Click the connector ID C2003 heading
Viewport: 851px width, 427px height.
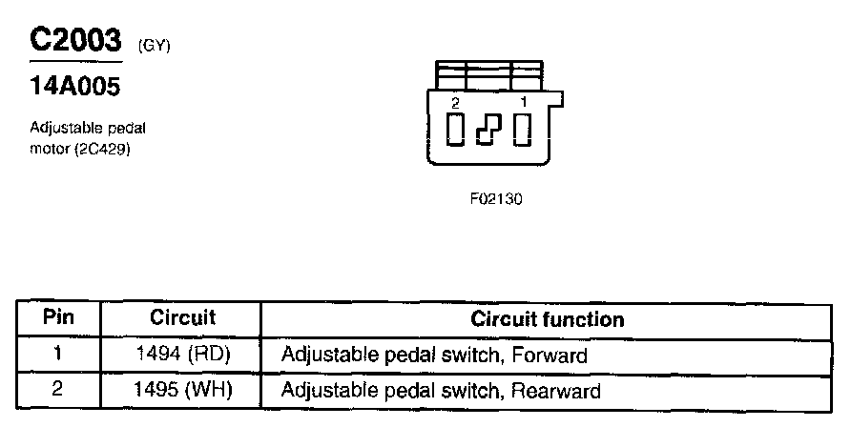[75, 40]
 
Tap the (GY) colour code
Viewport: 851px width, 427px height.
[155, 45]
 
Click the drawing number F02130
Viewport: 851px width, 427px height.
[496, 200]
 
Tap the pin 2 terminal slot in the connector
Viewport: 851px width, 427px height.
[456, 129]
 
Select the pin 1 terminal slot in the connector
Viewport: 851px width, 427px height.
[522, 129]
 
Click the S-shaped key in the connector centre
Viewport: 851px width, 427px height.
[488, 130]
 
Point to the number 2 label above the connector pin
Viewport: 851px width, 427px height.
[456, 102]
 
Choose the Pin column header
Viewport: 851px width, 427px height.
[59, 318]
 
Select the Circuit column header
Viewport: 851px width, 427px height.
[183, 318]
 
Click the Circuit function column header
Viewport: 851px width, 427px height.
[547, 319]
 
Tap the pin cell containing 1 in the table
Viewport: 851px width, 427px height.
[58, 355]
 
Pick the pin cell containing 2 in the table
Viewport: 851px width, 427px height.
[58, 390]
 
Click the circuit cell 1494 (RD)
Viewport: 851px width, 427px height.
[183, 355]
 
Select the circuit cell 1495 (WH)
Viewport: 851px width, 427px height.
[183, 390]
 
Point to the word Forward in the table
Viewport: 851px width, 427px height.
[549, 355]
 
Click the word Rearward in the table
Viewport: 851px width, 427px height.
[555, 390]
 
